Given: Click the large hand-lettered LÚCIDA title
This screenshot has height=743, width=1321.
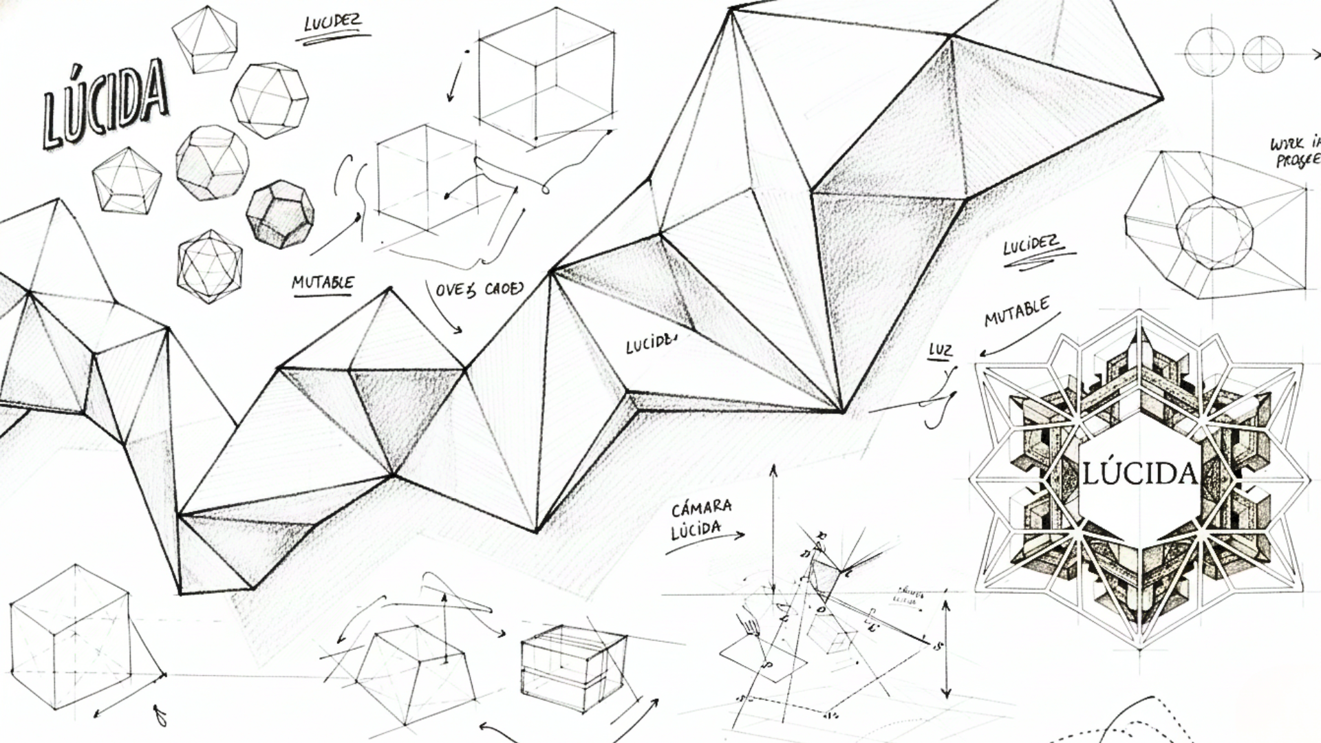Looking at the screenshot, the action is [x=105, y=103].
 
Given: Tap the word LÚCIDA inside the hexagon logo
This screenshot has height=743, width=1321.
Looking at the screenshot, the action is [x=1140, y=473].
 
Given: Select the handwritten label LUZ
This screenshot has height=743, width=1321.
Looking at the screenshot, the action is [x=940, y=350].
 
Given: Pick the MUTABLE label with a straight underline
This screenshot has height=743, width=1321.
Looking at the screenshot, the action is [x=323, y=283].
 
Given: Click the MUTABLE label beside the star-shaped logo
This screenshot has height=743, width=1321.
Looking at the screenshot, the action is [x=1017, y=312].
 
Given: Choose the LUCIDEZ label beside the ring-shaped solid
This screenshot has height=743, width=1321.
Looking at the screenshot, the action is [x=1030, y=246].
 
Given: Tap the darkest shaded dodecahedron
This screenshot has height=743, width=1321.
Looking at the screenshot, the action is [x=279, y=214].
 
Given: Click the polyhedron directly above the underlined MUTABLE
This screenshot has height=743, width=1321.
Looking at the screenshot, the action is [x=210, y=266].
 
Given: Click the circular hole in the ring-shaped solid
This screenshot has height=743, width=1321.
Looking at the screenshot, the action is [x=1214, y=233].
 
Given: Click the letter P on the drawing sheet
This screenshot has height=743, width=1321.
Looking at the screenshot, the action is [x=769, y=665].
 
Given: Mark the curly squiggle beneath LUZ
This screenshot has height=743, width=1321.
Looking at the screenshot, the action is [x=941, y=402].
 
